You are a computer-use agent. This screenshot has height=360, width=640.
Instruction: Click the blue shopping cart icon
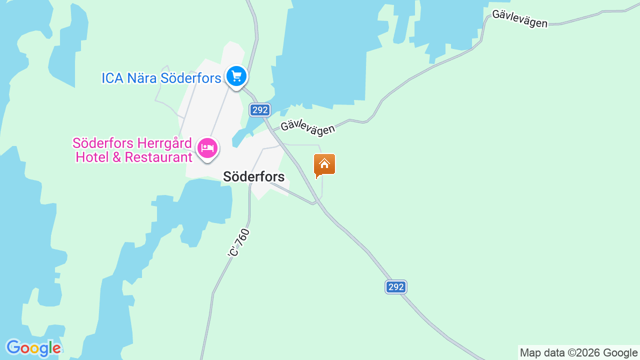coord(236,76)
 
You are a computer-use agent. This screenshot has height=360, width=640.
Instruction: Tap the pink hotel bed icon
coord(207,147)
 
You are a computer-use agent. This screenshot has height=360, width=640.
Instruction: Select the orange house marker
coord(324,164)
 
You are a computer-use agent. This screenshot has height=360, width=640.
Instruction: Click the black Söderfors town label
coord(253,176)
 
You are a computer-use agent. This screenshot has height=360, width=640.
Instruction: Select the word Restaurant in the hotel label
coord(158,157)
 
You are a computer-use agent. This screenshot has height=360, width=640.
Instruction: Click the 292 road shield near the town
coord(260,110)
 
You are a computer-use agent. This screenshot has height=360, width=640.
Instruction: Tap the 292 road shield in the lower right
coord(395,287)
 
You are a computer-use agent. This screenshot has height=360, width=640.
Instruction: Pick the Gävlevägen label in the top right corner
coord(519,19)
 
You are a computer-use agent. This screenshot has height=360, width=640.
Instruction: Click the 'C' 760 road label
coord(238,243)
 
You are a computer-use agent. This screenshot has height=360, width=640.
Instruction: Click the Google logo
coord(33,348)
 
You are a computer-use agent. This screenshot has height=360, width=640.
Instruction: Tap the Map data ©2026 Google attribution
coord(578,353)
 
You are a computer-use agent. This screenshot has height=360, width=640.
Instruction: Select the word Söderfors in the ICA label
coord(190,78)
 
